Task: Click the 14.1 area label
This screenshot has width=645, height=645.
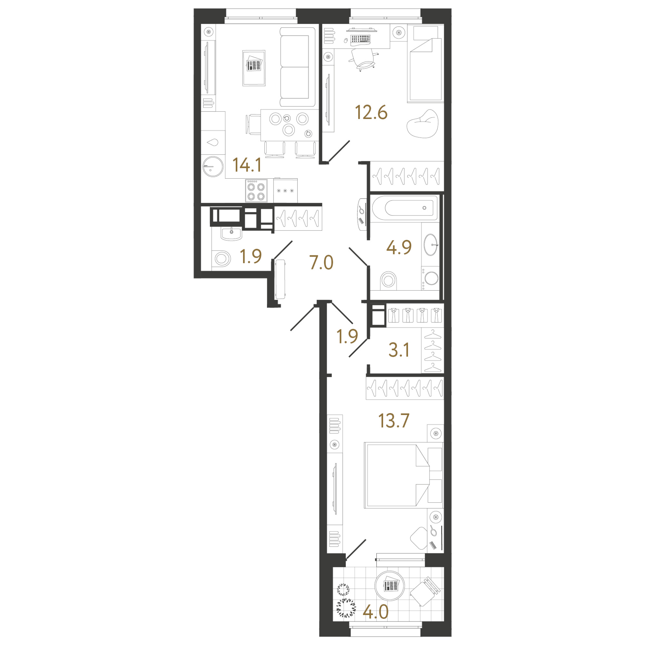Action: click(247, 165)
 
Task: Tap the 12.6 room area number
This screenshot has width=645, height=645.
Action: click(371, 113)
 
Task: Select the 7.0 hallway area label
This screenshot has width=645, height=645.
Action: click(321, 263)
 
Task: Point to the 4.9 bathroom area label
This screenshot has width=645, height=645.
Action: click(399, 247)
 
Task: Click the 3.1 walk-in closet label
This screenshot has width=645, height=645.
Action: click(399, 350)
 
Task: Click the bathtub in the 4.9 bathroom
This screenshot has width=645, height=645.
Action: click(405, 208)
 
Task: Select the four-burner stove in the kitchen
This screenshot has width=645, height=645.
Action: click(256, 191)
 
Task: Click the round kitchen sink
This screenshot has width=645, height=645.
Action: click(213, 166)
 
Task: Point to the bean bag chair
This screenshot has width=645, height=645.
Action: click(423, 124)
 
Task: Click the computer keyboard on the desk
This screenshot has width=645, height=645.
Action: click(360, 39)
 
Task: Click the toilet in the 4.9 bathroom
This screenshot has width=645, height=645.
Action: click(389, 280)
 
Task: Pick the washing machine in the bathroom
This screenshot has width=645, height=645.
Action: click(430, 278)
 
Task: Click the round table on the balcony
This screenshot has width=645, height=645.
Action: click(390, 585)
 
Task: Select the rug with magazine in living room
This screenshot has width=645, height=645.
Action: click(254, 68)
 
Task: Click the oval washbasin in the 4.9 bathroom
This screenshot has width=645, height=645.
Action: click(431, 245)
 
